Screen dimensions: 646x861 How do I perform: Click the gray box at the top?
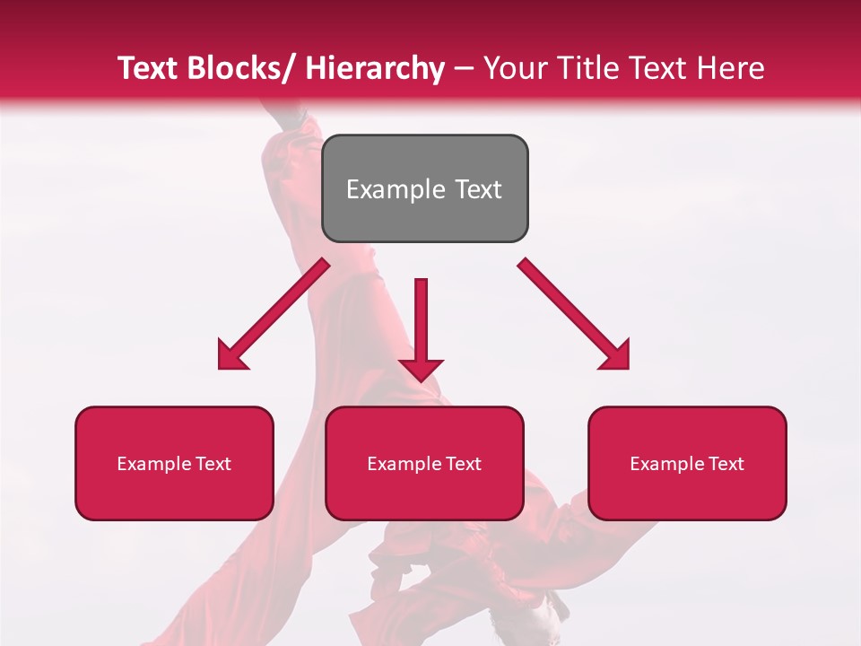pos(424,188)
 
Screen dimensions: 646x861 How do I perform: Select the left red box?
pos(174,463)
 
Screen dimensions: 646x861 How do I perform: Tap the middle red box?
pos(424,463)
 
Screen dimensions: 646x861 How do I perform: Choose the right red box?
pos(687,463)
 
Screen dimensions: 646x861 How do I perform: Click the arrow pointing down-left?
pos(274,315)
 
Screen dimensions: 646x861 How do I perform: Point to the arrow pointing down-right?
pos(574,314)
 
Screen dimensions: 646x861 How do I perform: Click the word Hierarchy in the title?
pos(375,68)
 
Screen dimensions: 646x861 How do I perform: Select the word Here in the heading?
pos(731,68)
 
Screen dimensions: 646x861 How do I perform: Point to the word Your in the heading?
pos(515,68)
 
